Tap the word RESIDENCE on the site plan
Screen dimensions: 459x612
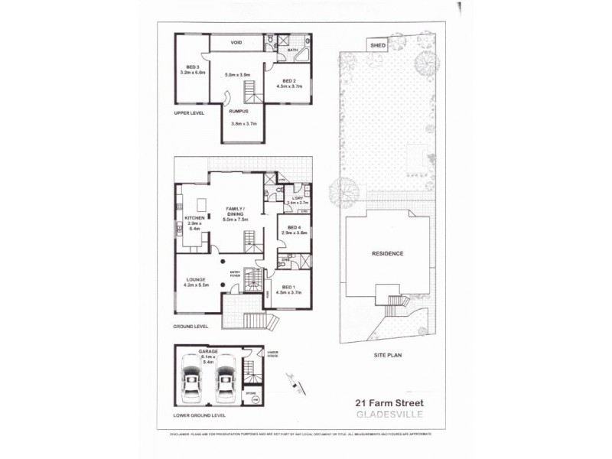click(387, 253)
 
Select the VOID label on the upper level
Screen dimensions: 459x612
click(236, 42)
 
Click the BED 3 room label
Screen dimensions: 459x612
click(187, 67)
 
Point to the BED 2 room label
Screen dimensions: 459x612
click(288, 81)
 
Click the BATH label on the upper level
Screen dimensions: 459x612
click(292, 50)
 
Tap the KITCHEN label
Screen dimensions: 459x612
click(195, 218)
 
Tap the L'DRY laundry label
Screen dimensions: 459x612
click(297, 200)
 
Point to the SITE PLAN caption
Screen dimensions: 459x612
click(387, 355)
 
